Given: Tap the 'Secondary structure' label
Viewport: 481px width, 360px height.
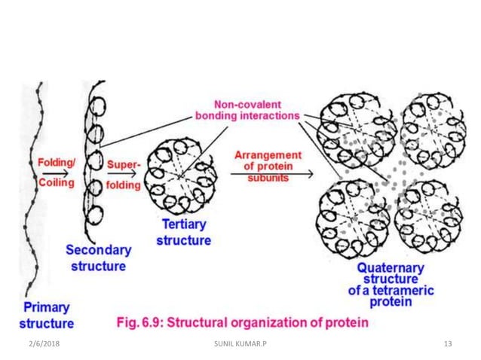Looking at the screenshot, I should tap(99, 258).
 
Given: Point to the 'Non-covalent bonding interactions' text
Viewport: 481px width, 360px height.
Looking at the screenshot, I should tap(247, 111).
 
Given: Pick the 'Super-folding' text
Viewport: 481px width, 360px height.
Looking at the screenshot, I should tap(123, 172).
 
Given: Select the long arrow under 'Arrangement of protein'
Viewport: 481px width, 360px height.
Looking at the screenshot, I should tap(271, 174).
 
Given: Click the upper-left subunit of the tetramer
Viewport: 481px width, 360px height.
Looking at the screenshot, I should tap(350, 126).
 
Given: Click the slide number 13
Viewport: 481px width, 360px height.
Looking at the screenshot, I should tap(448, 343).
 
